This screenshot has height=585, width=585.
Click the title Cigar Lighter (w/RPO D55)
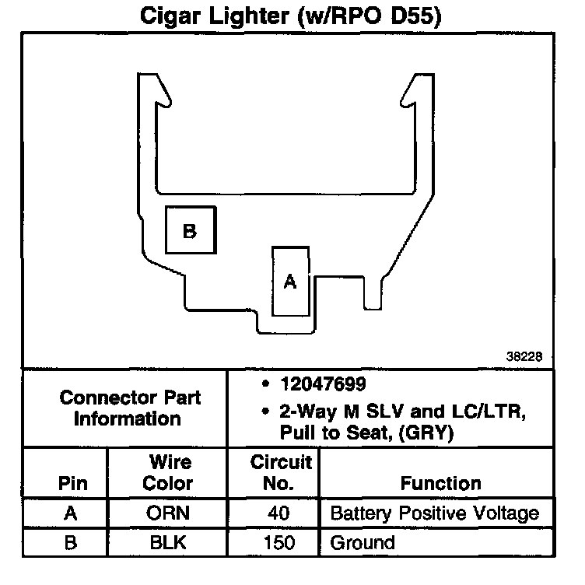(291, 16)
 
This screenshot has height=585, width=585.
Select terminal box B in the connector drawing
(190, 229)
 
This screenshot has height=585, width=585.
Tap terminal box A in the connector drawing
(290, 281)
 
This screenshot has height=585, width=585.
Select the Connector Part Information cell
(130, 408)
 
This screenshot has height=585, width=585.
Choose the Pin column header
(72, 482)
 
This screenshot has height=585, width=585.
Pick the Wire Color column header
(170, 472)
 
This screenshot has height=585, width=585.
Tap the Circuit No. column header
(281, 472)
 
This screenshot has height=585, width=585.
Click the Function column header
(440, 482)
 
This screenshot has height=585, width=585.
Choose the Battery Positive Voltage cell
(435, 513)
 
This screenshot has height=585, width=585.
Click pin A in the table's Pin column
(72, 513)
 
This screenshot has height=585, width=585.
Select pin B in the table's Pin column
(72, 542)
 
